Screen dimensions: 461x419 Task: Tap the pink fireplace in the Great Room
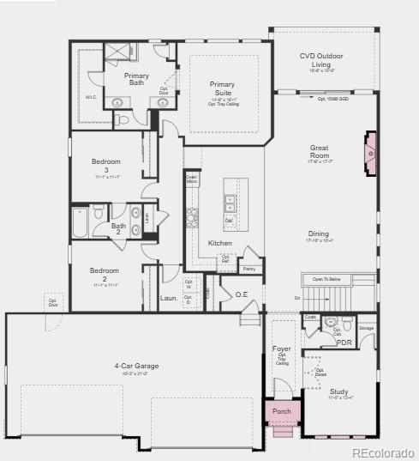pos(370,154)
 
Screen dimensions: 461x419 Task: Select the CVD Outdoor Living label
pos(321,60)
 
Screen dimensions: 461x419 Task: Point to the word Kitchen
pos(220,243)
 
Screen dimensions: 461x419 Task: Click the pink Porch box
pos(282,412)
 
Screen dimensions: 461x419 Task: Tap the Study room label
pos(339,391)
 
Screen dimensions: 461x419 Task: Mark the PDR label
pos(344,343)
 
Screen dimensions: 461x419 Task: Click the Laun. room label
pos(169,299)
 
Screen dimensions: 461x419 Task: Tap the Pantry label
pos(249,269)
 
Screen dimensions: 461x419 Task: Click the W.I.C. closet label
pos(91,97)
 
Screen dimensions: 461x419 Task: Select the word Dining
pos(319,234)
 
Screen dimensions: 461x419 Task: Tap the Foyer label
pos(282,349)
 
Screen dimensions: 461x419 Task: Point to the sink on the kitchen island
pos(230,203)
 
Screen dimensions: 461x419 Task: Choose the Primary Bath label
pos(136,80)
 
